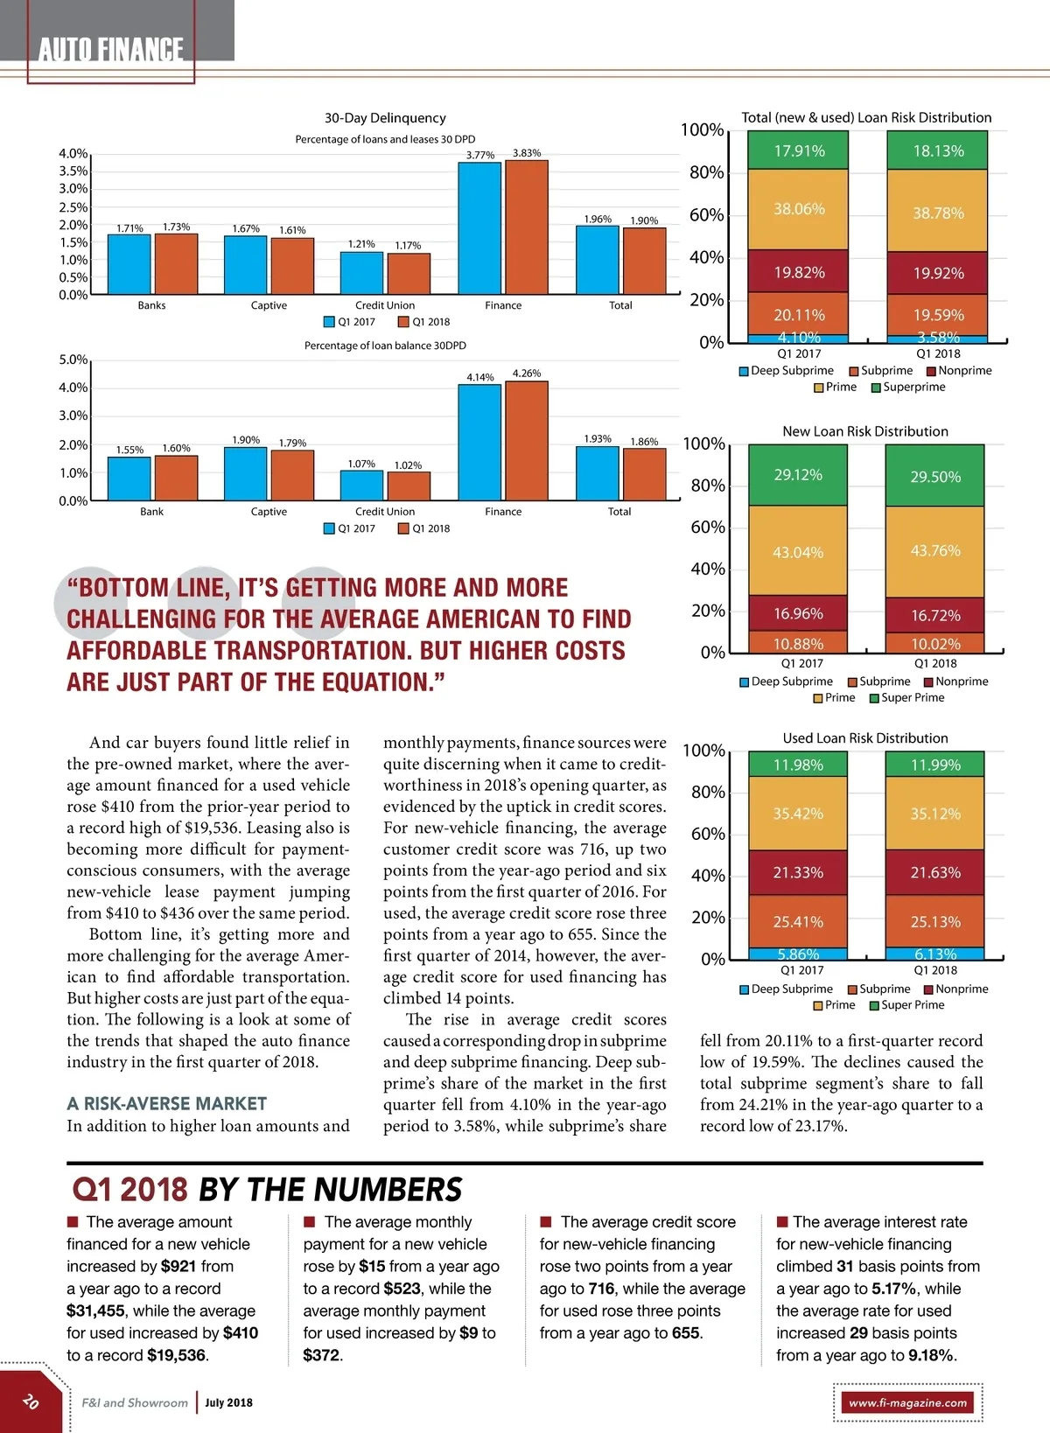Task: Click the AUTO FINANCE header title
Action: point(111,49)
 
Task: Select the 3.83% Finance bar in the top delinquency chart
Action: point(527,227)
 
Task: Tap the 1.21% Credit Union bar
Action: point(361,273)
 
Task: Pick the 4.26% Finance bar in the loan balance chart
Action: point(527,441)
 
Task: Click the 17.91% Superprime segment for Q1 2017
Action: point(798,150)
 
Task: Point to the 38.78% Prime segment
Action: point(938,213)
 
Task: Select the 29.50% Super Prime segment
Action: point(935,476)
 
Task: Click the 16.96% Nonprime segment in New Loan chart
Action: point(798,612)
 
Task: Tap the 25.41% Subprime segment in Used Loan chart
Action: point(798,921)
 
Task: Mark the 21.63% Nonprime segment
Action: point(935,872)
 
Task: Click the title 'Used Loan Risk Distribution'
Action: point(865,738)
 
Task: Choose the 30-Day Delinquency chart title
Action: point(385,118)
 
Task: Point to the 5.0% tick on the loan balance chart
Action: point(73,360)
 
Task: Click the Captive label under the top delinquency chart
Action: point(269,305)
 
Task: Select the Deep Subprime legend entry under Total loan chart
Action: point(787,371)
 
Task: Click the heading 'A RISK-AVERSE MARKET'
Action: point(167,1104)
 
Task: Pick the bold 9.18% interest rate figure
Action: point(931,1355)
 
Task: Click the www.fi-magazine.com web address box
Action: point(908,1402)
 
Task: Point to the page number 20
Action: point(31,1401)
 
